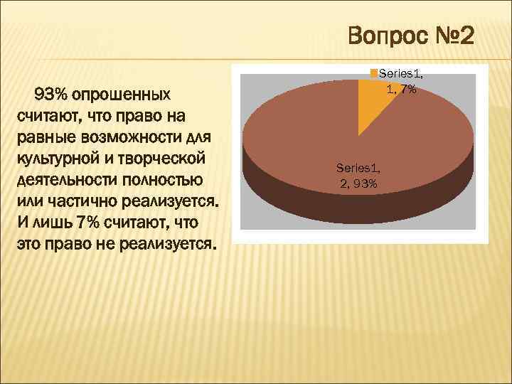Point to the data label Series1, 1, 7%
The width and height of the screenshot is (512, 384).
click(401, 80)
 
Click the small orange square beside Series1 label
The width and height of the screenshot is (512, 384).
click(374, 73)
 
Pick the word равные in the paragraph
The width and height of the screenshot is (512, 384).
click(43, 136)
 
